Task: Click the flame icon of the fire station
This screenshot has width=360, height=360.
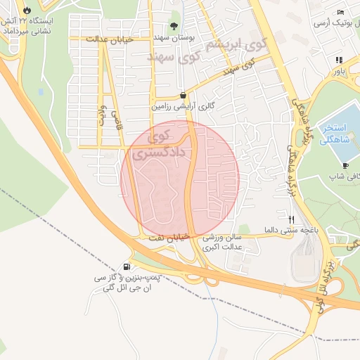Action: click(27, 11)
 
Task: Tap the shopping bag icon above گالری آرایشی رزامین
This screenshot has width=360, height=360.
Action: click(183, 95)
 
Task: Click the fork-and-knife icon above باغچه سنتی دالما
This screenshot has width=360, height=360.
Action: click(292, 218)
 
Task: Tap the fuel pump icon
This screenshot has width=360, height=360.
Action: click(127, 266)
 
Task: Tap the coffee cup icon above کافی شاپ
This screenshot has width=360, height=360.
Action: click(346, 165)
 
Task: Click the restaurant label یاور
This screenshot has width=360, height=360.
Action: click(340, 71)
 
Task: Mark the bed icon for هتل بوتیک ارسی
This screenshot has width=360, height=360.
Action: click(340, 12)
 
